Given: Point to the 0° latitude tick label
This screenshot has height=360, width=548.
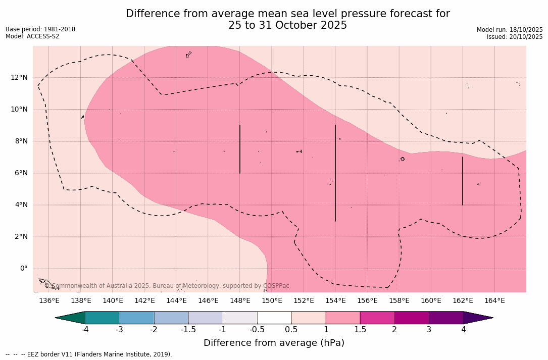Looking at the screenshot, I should coord(23,269).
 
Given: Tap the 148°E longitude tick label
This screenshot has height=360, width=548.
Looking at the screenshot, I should coord(240,301).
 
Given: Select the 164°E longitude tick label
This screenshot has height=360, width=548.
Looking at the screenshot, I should coord(494,301).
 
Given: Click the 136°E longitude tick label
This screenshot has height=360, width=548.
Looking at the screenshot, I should coord(49,301).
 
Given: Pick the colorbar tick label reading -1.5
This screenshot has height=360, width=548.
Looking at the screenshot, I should coord(188,330).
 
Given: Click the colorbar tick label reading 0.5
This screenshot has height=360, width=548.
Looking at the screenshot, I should coord(291,330).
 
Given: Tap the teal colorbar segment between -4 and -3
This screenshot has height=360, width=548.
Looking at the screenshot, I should coord(103,318).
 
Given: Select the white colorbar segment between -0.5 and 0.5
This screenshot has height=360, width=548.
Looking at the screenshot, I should coord(274,318).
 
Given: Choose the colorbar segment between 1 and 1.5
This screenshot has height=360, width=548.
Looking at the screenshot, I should coord(343,318).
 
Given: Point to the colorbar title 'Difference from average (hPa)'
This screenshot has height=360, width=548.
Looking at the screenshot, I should coord(274,343).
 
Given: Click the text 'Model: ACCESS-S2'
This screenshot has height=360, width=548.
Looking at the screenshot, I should coord(32,36).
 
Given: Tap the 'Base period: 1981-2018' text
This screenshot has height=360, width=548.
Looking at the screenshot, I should coord(40,29).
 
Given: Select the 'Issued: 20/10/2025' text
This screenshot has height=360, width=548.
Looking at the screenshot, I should coord(515,37).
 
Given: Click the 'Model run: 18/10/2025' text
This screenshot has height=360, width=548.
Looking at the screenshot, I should coord(510,30).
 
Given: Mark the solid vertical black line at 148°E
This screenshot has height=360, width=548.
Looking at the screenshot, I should coord(240,149).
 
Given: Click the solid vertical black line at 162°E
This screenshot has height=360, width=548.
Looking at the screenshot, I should coord(463,181).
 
